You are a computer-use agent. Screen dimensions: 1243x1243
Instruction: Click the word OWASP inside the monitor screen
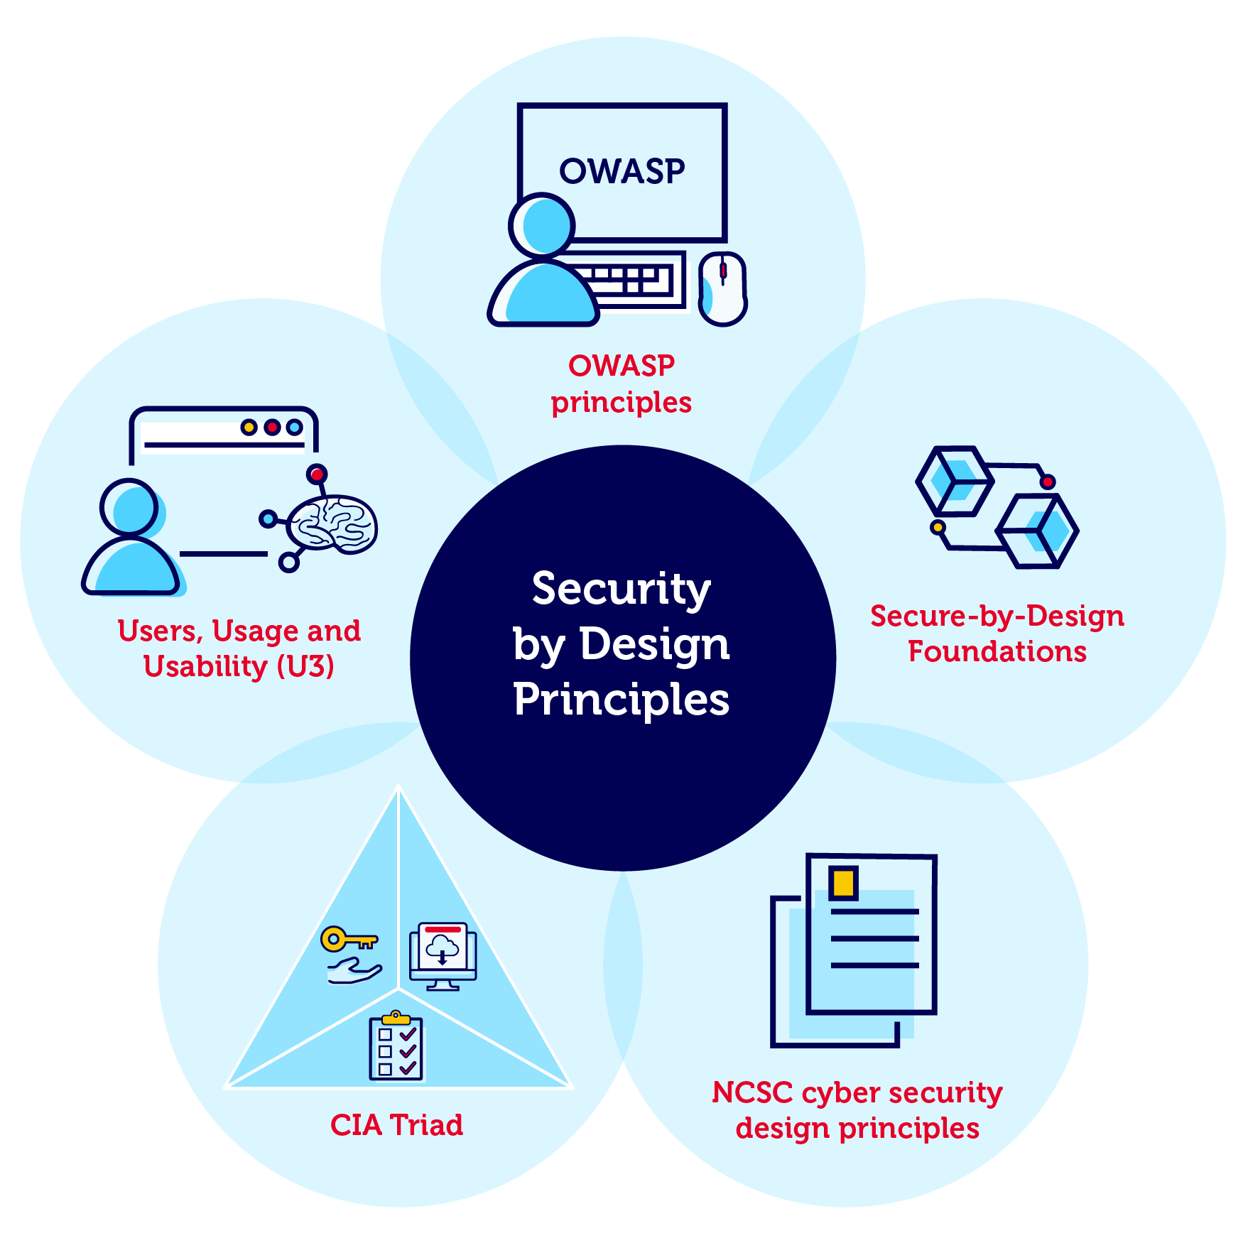[621, 172]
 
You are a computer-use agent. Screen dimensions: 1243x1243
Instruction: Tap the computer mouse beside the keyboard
[722, 288]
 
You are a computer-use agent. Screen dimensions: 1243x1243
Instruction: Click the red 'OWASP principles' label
[621, 384]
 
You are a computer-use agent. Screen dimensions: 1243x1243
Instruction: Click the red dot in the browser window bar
[271, 427]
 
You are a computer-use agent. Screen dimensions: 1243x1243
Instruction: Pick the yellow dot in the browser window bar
[249, 427]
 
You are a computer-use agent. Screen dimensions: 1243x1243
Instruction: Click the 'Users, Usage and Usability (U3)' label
[239, 648]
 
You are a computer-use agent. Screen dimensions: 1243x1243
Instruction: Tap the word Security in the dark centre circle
[621, 590]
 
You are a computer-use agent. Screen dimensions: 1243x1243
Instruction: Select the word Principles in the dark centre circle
[621, 700]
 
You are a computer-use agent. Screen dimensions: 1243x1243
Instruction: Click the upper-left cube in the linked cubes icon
[954, 481]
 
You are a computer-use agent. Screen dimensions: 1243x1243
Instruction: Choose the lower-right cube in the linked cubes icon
[1038, 531]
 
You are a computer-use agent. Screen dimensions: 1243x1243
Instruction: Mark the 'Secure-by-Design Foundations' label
[997, 634]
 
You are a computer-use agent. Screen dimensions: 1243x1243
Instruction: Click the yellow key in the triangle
[348, 940]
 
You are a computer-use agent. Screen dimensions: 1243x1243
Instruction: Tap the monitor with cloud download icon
[443, 955]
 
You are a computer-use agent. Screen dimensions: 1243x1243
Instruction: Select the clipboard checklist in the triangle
[396, 1046]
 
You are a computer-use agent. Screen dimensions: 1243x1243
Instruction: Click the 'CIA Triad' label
[396, 1125]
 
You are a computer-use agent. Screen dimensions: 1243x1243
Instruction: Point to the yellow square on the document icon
[843, 883]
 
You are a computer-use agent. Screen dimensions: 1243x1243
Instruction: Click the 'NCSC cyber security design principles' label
[857, 1110]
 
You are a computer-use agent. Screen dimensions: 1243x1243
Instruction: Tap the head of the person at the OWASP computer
[542, 225]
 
